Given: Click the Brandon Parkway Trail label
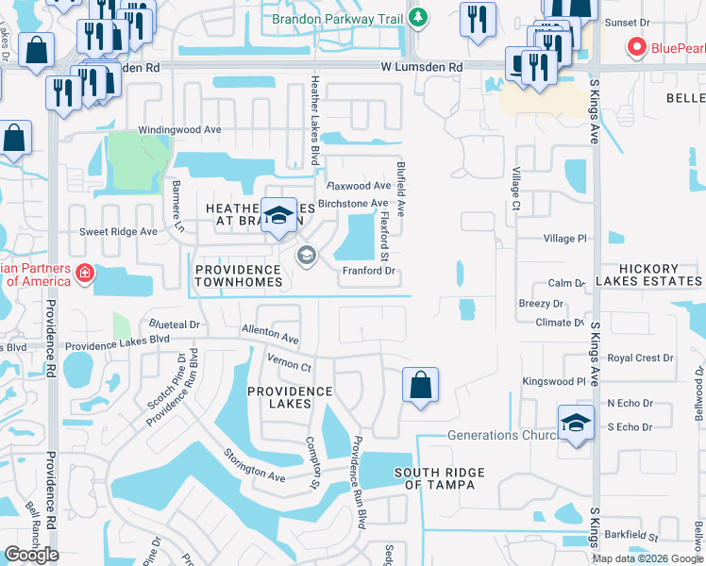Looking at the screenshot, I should click(x=337, y=18).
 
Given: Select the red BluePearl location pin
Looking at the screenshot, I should click(x=636, y=46).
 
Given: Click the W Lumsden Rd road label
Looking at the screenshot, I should click(x=422, y=68).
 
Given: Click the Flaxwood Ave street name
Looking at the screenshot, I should click(x=359, y=186).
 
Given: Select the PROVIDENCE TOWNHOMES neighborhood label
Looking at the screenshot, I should click(x=239, y=275).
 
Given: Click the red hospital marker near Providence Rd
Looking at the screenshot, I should click(x=86, y=273).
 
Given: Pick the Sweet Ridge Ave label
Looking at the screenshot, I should click(x=118, y=231).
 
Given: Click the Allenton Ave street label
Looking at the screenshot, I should click(x=270, y=332).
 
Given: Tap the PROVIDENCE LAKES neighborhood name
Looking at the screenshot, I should click(x=291, y=397).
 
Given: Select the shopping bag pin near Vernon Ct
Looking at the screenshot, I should click(x=420, y=385).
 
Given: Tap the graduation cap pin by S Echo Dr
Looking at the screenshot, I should click(x=576, y=423).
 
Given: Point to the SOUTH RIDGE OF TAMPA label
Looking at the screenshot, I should click(x=440, y=478).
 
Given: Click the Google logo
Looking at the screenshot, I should click(x=32, y=555).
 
